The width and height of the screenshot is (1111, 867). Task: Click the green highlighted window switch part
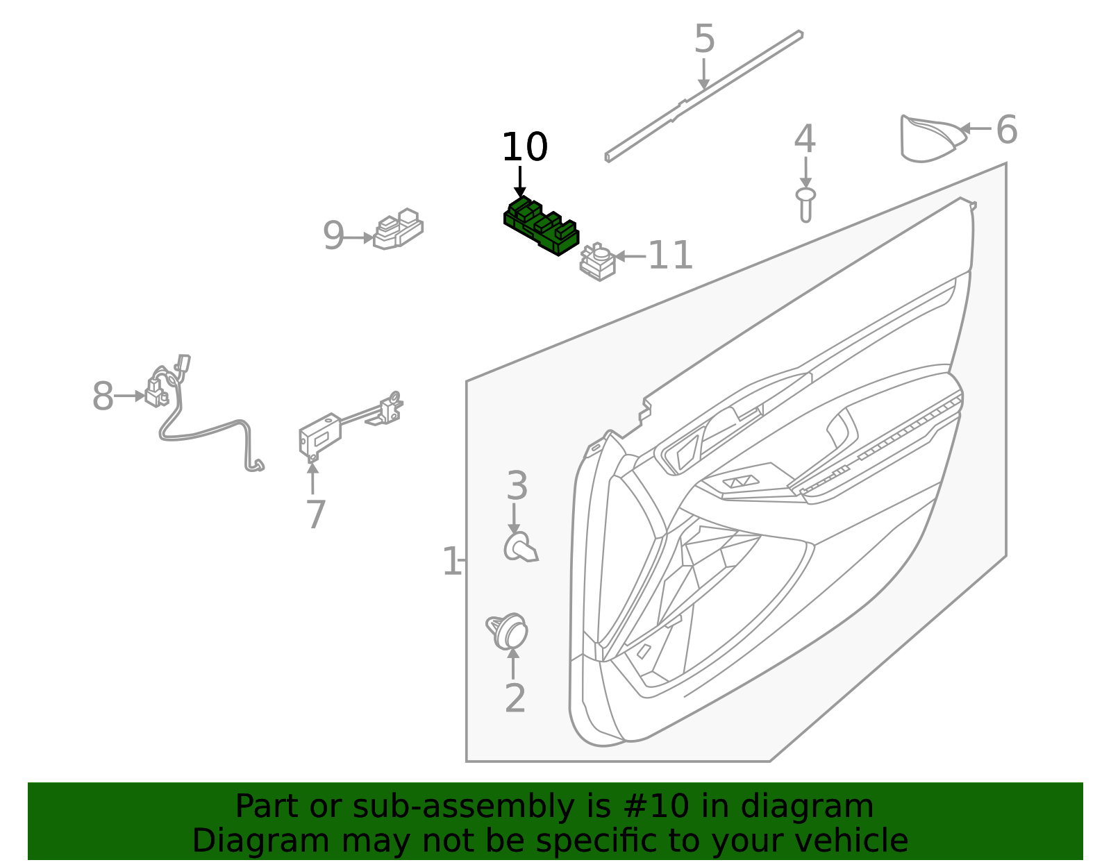coord(541,226)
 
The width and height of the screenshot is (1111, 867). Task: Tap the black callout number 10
coord(524,148)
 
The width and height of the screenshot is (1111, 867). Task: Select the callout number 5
coord(704,40)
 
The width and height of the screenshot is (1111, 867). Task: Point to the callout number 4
coord(805,140)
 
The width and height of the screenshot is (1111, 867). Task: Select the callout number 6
coord(1006,131)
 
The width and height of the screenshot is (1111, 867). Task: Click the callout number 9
coord(333,237)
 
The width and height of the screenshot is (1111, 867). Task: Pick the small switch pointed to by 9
coord(399,228)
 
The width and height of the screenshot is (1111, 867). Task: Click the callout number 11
coord(670,256)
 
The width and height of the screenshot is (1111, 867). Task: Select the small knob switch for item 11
coord(598,262)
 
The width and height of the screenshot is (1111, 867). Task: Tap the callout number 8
coord(103,397)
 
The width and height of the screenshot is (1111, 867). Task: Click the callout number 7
coord(315,515)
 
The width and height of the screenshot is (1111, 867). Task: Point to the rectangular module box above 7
coord(320,434)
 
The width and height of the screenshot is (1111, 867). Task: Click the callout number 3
coord(517,486)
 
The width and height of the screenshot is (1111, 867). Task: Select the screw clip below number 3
coord(520,548)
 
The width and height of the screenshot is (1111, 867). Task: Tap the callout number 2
coord(515,698)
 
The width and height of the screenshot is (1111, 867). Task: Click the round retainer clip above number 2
coord(508,630)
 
